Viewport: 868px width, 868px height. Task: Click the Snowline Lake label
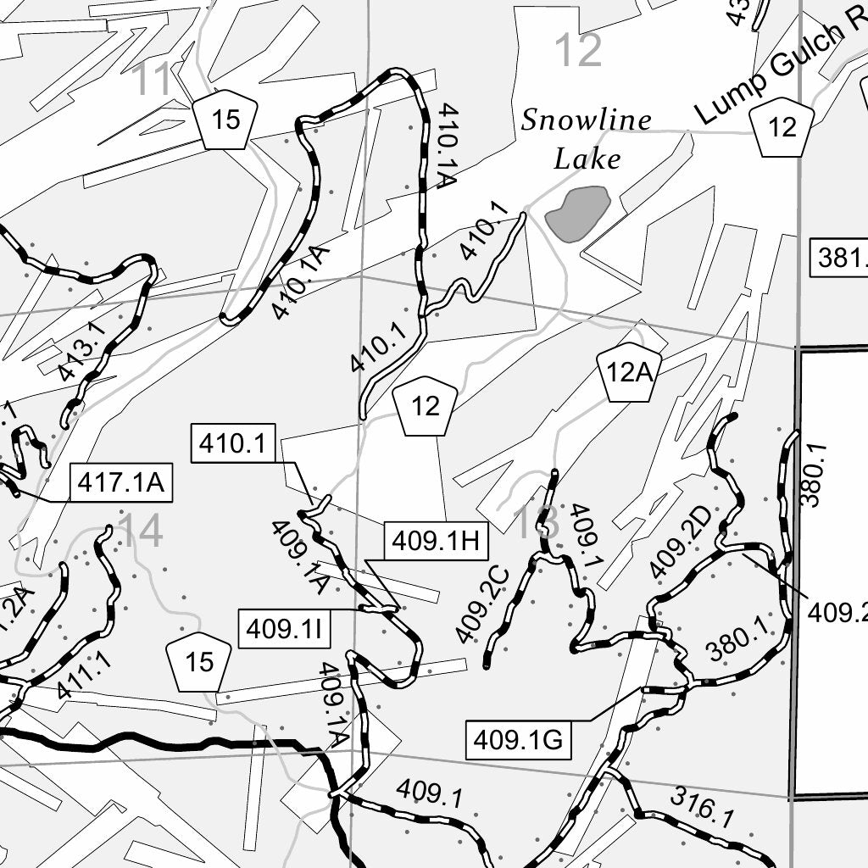(x=586, y=139)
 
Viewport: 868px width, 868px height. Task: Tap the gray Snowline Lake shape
(x=578, y=212)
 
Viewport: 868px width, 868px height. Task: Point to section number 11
(x=153, y=81)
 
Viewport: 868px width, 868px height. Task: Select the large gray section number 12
(x=577, y=51)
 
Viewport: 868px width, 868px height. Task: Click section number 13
(x=537, y=522)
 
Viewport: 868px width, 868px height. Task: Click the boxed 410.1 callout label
(x=232, y=443)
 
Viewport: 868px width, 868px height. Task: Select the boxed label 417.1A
(x=120, y=482)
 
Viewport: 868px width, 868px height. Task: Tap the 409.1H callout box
(x=437, y=540)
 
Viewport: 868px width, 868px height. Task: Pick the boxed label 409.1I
(x=281, y=630)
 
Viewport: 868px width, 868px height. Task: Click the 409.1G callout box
(x=518, y=740)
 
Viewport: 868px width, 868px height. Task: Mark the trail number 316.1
(x=702, y=807)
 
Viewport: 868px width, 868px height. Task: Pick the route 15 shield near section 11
(x=225, y=120)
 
